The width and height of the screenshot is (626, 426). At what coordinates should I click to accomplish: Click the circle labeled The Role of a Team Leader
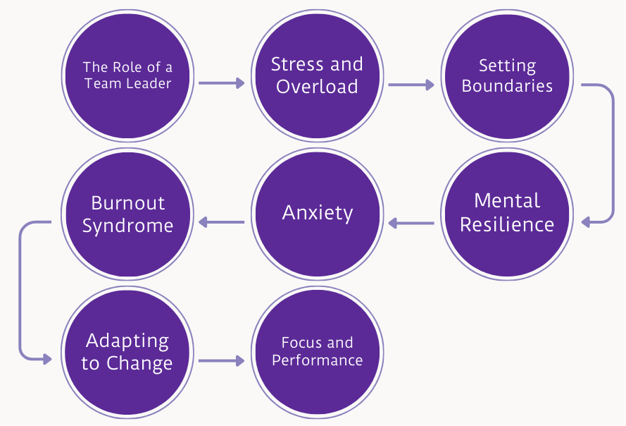pyautogui.click(x=127, y=76)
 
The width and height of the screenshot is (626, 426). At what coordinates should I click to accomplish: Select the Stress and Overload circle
pyautogui.click(x=317, y=76)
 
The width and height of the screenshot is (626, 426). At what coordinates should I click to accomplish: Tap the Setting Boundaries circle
pyautogui.click(x=507, y=76)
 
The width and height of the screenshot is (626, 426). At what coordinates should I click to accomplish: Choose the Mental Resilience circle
pyautogui.click(x=507, y=213)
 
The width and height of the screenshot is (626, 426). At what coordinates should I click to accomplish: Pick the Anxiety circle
pyautogui.click(x=317, y=213)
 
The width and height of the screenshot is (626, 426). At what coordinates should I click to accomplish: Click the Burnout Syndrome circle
pyautogui.click(x=127, y=213)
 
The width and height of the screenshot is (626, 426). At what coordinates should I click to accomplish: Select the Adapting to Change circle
pyautogui.click(x=127, y=351)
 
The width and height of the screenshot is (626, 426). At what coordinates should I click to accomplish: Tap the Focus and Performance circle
pyautogui.click(x=317, y=351)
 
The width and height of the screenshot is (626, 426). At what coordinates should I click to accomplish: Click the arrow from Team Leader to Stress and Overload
pyautogui.click(x=221, y=83)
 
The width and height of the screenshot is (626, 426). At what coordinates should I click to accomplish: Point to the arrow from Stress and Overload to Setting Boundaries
pyautogui.click(x=411, y=85)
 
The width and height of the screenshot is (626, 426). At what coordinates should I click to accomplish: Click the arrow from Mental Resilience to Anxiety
pyautogui.click(x=411, y=224)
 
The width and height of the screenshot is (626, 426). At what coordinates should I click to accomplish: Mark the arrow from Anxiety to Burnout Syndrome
pyautogui.click(x=221, y=222)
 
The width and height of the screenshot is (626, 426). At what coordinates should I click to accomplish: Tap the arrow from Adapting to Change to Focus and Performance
pyautogui.click(x=221, y=360)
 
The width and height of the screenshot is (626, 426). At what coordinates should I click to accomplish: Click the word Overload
pyautogui.click(x=317, y=87)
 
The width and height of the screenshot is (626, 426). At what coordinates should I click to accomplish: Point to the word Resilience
pyautogui.click(x=507, y=225)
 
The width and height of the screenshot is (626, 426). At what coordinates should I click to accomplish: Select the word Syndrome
pyautogui.click(x=127, y=226)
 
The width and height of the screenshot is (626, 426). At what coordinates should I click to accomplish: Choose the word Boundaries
pyautogui.click(x=507, y=87)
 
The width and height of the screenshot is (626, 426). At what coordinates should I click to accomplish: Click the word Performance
pyautogui.click(x=317, y=360)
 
